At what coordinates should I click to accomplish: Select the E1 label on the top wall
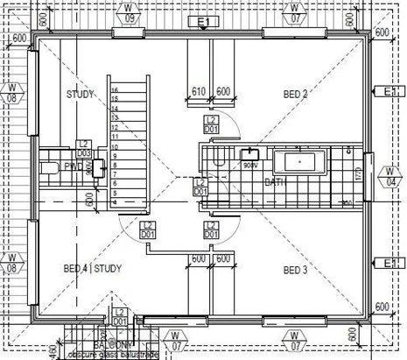[205, 20]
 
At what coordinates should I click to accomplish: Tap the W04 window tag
[389, 178]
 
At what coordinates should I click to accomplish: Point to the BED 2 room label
[295, 94]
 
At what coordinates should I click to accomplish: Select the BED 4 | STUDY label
[92, 268]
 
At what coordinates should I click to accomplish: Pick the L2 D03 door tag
[84, 148]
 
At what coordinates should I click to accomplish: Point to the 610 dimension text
[199, 91]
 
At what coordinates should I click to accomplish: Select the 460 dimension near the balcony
[53, 350]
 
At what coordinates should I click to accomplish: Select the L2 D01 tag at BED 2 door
[211, 124]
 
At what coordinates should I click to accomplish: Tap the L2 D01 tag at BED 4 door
[148, 229]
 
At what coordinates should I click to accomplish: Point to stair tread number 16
[115, 89]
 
